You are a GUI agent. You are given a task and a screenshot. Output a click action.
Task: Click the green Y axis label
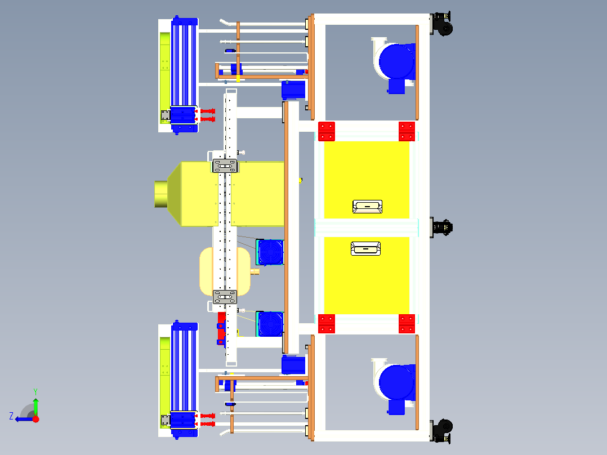tap(35, 390)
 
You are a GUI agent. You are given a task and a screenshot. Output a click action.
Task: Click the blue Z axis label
tap(11, 416)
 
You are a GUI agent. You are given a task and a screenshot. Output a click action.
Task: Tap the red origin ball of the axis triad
tap(35, 419)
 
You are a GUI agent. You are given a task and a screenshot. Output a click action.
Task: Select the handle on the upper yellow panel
tap(367, 207)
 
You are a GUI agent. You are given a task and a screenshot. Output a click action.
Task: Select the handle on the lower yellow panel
tap(365, 248)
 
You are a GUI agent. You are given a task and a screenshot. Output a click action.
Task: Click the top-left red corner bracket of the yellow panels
tap(327, 131)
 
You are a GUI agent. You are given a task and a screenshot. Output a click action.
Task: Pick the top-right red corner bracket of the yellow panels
tap(407, 131)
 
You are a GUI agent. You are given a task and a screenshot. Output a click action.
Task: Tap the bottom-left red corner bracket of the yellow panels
tap(327, 324)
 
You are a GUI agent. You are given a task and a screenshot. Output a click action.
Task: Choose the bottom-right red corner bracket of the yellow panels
tap(407, 324)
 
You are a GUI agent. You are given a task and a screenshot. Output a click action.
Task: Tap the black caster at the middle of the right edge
tap(442, 227)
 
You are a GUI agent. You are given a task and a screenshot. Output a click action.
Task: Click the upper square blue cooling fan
tap(270, 252)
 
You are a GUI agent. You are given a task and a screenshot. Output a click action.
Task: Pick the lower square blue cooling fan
tap(270, 324)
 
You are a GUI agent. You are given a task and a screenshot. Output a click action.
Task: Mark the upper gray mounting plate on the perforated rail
tap(225, 166)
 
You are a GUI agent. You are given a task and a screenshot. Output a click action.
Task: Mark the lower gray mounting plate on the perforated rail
tap(225, 297)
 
